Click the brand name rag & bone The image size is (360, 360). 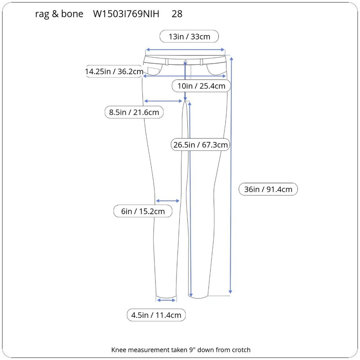click(59, 14)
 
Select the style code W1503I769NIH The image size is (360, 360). click(126, 14)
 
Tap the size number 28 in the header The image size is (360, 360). click(177, 14)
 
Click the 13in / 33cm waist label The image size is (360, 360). click(189, 36)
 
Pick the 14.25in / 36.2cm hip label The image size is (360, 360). click(114, 71)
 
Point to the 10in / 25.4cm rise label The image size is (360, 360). click(201, 86)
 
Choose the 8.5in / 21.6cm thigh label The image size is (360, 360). click(134, 112)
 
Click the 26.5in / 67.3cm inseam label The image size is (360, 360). click(201, 145)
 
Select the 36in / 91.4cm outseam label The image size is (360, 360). click(268, 189)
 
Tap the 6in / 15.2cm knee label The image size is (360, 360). click(143, 211)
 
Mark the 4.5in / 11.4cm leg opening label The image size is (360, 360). click(156, 315)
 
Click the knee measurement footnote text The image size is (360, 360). click(181, 350)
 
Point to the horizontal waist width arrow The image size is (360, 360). click(185, 50)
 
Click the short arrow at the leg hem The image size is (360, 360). click(166, 300)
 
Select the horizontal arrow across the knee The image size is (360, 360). click(168, 201)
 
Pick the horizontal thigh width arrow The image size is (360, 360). click(163, 101)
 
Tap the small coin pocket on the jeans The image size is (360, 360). click(153, 71)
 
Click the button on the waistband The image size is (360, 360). click(185, 62)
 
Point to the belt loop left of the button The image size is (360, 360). click(167, 62)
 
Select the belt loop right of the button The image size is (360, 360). click(201, 62)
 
